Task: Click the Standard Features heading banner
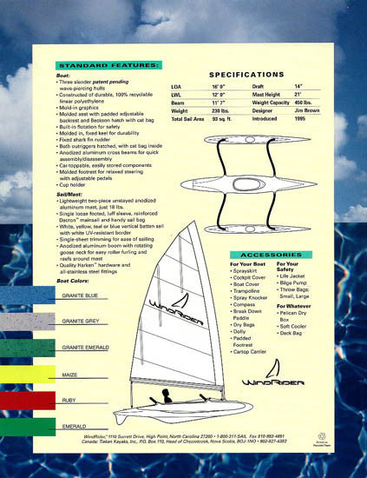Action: [x=108, y=65]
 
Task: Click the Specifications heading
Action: [x=247, y=75]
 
